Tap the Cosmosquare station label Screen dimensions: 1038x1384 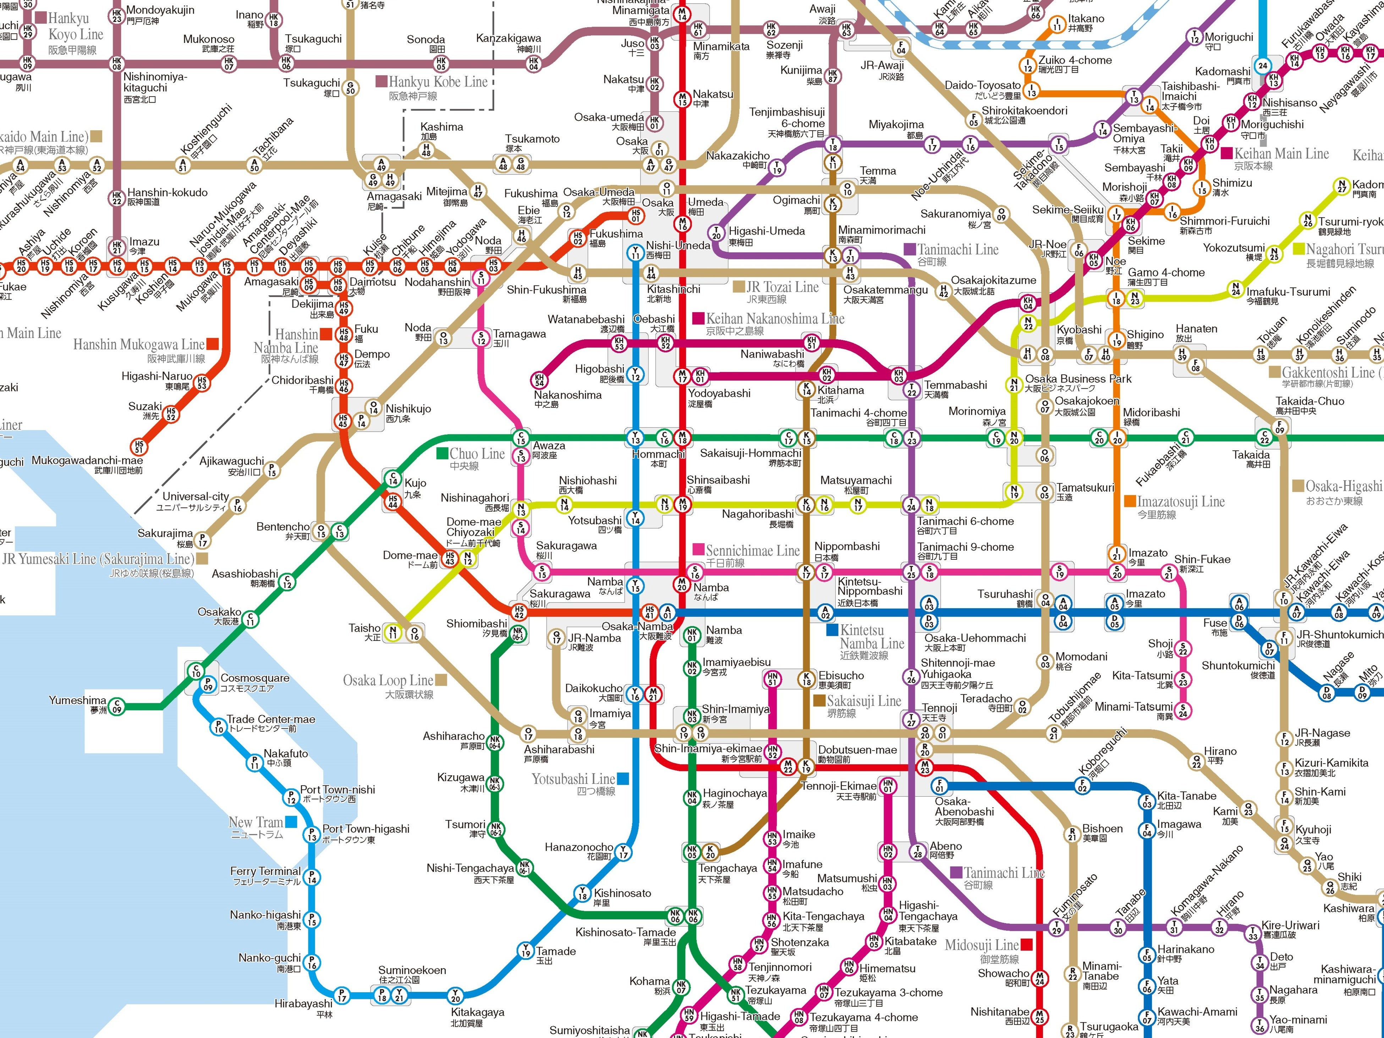[x=255, y=678]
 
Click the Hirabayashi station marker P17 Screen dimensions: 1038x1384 [x=342, y=994]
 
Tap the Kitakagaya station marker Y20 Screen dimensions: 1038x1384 [x=456, y=995]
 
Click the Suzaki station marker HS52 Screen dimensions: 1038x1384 [x=170, y=413]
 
